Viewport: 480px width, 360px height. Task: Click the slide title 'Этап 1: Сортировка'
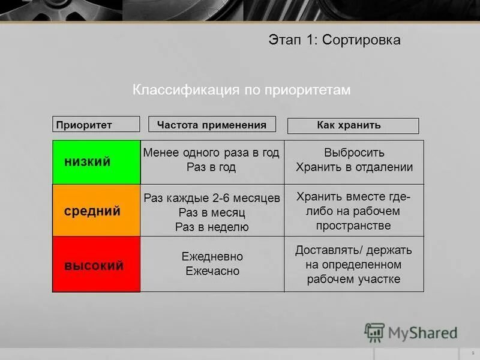coord(334,40)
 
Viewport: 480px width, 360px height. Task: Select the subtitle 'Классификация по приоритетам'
coord(241,89)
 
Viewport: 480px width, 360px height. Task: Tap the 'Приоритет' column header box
coord(96,125)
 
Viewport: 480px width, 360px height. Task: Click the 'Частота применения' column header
coord(212,125)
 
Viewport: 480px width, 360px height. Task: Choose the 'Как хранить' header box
coord(353,125)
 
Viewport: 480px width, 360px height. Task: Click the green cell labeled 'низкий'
coord(97,162)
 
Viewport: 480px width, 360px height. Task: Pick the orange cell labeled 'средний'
coord(97,211)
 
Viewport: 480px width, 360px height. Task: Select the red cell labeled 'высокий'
coord(97,265)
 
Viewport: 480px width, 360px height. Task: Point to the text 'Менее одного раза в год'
coord(211,153)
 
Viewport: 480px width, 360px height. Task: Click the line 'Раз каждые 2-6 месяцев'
coord(212,198)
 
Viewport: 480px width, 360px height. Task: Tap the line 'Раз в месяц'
coord(212,212)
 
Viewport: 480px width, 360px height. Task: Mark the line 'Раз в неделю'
coord(212,227)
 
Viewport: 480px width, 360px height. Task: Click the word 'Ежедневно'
coord(212,256)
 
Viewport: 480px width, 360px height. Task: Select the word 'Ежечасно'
coord(212,271)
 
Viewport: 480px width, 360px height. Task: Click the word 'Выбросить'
coord(354,153)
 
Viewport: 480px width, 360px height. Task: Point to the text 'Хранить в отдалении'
coord(354,167)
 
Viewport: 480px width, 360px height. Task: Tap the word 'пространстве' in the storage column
coord(353,226)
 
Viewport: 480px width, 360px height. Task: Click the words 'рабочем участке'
coord(353,279)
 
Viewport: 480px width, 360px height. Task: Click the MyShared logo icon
coord(374,332)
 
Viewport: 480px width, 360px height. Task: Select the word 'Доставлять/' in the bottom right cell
coord(324,250)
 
